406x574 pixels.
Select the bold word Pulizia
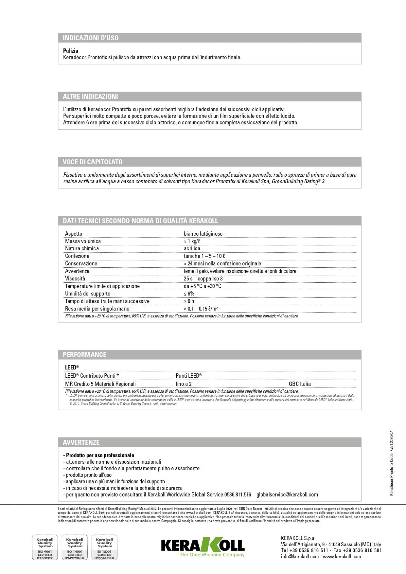[71, 51]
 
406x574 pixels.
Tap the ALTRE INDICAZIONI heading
[90, 97]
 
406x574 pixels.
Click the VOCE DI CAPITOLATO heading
[93, 162]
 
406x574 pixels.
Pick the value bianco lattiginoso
[203, 234]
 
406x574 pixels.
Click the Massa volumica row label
[83, 241]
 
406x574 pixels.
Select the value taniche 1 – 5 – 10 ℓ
[204, 256]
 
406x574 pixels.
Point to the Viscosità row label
[75, 278]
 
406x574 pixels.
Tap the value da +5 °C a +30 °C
[203, 286]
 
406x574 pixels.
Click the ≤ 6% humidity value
[189, 294]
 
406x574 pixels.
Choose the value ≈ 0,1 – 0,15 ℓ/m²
[201, 309]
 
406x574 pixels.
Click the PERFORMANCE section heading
[84, 355]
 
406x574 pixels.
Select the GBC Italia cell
[300, 384]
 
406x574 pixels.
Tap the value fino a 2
[184, 384]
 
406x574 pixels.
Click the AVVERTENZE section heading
[81, 442]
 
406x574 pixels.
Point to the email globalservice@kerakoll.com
[287, 494]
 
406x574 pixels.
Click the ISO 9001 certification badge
[45, 547]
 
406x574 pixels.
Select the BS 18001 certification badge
[105, 547]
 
